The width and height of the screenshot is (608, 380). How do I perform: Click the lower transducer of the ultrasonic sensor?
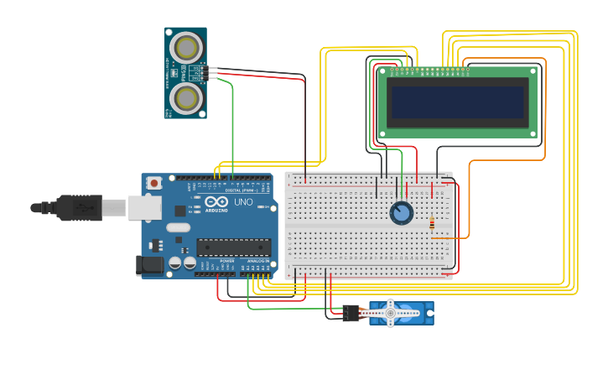tap(185, 98)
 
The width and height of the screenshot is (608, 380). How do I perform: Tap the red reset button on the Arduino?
tap(154, 182)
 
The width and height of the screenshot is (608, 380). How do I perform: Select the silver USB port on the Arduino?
tap(145, 207)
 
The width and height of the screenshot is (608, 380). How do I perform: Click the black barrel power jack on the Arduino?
tap(148, 265)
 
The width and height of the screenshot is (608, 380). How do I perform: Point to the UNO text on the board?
tap(242, 202)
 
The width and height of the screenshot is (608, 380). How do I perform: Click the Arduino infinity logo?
tap(216, 202)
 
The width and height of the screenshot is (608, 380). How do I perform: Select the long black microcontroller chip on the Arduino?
tap(233, 247)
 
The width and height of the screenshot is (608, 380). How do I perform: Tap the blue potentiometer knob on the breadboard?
tap(401, 213)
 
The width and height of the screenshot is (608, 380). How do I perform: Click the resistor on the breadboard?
tap(432, 224)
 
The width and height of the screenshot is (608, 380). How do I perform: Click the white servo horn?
tap(390, 313)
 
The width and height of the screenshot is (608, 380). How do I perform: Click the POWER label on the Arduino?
tap(227, 261)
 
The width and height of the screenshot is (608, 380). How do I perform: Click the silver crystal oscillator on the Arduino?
tap(179, 227)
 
